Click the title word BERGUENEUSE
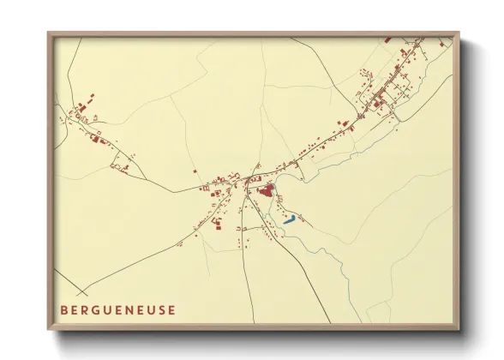119,310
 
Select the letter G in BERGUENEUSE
97,310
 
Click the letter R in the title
86,310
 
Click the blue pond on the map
290,220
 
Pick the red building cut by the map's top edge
387,39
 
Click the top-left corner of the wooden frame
49,33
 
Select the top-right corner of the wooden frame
459,33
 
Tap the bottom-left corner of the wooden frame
49,330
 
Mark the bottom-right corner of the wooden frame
459,330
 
